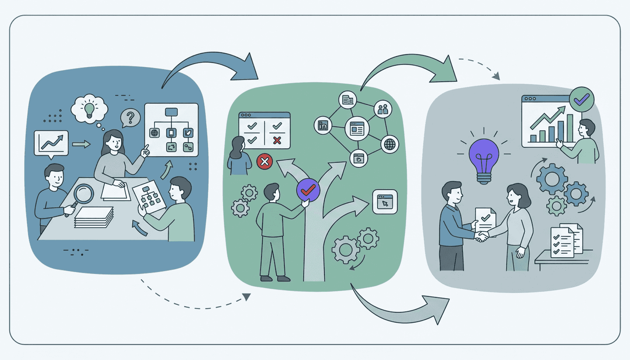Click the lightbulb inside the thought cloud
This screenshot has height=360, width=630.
coord(89,109)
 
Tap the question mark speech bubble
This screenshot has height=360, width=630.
coord(130,117)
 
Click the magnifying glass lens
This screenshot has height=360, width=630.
coord(84,193)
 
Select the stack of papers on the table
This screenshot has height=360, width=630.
coord(94,217)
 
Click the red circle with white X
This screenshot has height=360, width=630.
coord(264,162)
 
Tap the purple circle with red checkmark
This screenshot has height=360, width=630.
coord(308,190)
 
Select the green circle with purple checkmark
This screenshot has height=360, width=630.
coord(581,99)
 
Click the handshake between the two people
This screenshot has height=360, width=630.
coord(481,237)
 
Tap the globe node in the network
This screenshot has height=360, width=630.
coord(390,144)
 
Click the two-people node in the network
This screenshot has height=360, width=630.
coord(382,109)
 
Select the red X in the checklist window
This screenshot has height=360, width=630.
coord(277,141)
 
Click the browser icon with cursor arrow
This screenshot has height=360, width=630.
coord(385,202)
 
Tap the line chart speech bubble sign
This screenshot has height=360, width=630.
coord(51,143)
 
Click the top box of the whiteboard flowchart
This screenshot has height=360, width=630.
coord(171,112)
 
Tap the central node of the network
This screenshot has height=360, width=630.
coord(357,129)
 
